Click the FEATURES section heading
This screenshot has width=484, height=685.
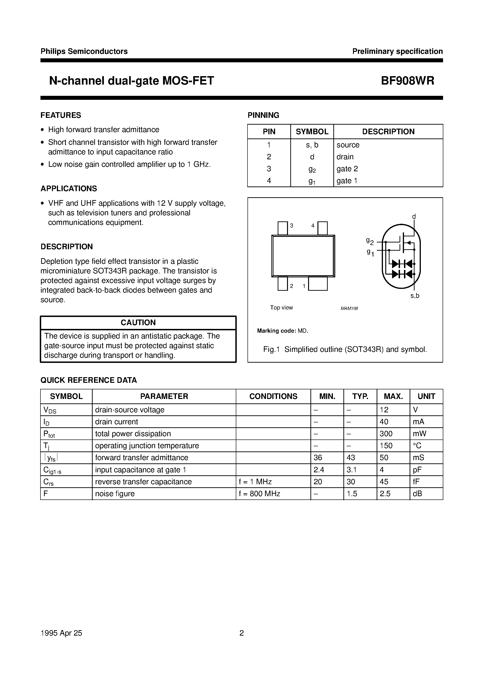pyautogui.click(x=61, y=115)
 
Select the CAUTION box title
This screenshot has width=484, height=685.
pyautogui.click(x=138, y=322)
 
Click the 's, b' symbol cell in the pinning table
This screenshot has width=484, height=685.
pyautogui.click(x=312, y=145)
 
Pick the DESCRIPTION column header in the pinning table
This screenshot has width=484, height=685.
pyautogui.click(x=388, y=132)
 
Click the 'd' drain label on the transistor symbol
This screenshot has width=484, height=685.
pyautogui.click(x=414, y=216)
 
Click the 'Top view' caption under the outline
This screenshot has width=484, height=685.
pyautogui.click(x=281, y=307)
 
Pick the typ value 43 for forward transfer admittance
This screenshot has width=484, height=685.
pyautogui.click(x=351, y=458)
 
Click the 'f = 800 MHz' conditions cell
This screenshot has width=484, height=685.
pyautogui.click(x=259, y=494)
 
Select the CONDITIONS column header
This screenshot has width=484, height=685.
pyautogui.click(x=273, y=396)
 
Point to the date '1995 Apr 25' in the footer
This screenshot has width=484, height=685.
pyautogui.click(x=61, y=633)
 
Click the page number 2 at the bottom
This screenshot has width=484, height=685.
pyautogui.click(x=242, y=633)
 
